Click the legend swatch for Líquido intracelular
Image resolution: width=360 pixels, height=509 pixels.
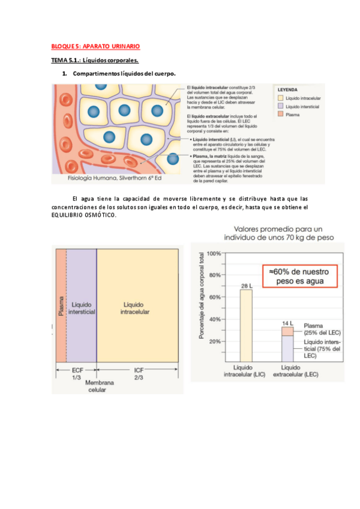280,97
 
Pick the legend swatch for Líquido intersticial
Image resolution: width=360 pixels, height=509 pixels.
280,106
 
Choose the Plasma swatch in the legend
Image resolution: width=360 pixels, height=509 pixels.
280,113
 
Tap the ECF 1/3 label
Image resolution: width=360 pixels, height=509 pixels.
77,374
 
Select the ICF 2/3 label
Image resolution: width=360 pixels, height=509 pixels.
138,374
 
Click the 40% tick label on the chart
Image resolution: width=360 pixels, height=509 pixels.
214,319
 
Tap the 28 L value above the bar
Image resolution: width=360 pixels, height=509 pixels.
246,286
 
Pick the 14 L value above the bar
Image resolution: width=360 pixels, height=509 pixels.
287,324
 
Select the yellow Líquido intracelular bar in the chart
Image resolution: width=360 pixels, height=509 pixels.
246,324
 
